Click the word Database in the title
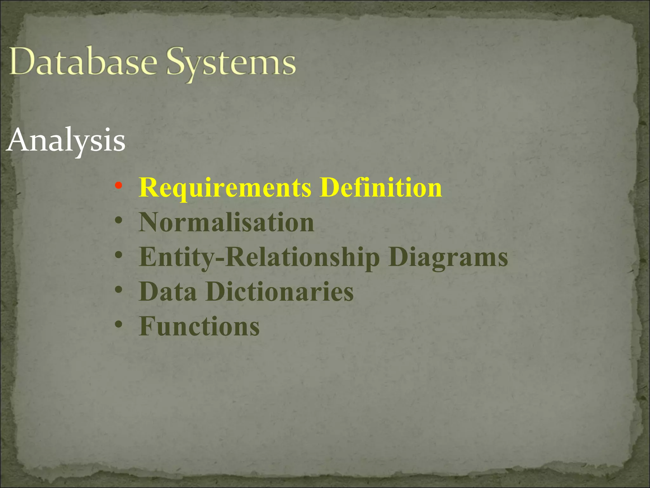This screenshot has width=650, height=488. (x=83, y=62)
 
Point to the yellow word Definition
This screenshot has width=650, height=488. (x=381, y=187)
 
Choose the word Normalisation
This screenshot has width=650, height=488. (x=227, y=222)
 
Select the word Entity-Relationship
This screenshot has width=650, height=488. (x=259, y=257)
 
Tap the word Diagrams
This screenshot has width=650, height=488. (x=448, y=257)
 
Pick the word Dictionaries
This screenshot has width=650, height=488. (x=280, y=291)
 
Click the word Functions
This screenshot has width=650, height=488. (x=199, y=326)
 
